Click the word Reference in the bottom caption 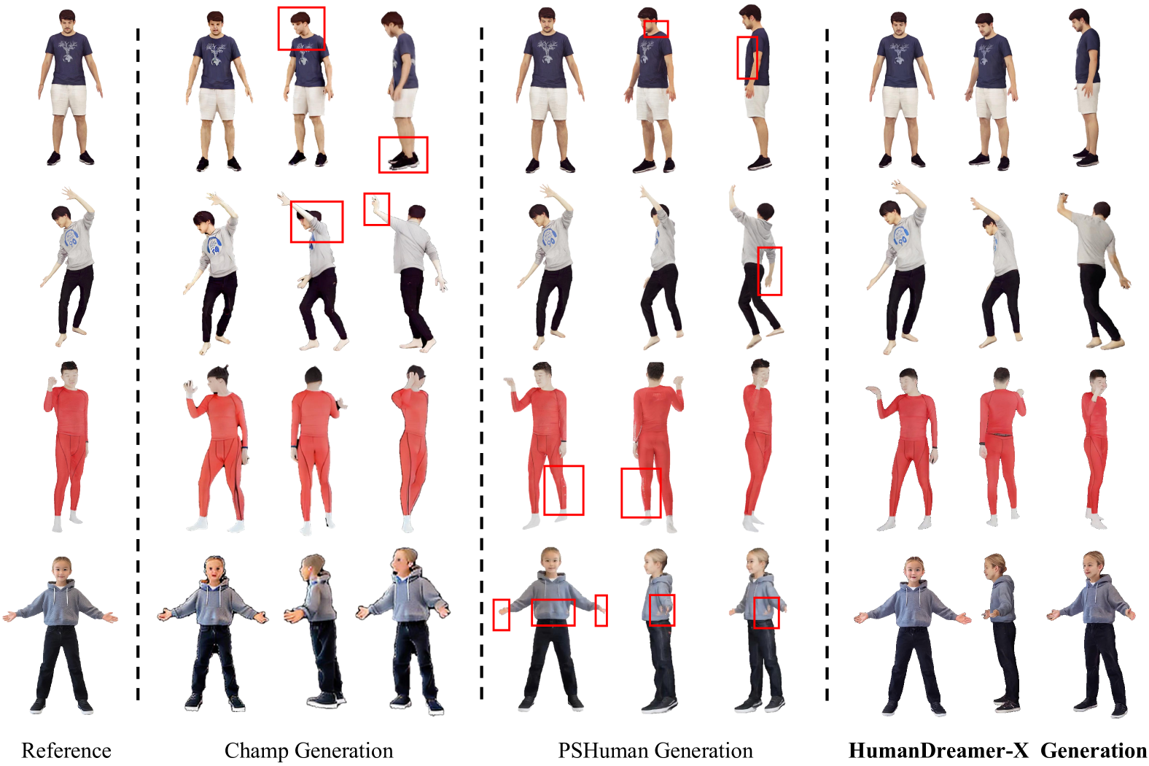(x=66, y=751)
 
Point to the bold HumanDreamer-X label (x=939, y=751)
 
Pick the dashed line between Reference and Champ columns (x=138, y=365)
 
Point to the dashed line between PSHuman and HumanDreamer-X (x=827, y=365)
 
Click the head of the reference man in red (x=70, y=375)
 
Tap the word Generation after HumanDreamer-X (x=1093, y=751)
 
